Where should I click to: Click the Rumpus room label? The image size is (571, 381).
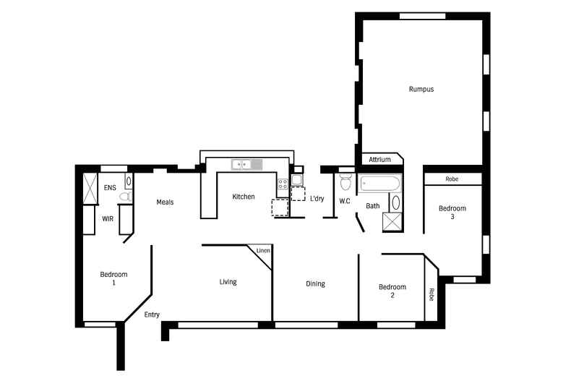pyautogui.click(x=421, y=89)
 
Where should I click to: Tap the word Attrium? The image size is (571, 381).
pyautogui.click(x=379, y=160)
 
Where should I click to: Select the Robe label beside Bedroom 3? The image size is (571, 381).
pyautogui.click(x=452, y=179)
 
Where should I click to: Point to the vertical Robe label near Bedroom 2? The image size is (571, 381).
pyautogui.click(x=432, y=295)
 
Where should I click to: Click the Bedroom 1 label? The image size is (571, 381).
pyautogui.click(x=113, y=278)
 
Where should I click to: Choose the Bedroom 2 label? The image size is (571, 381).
pyautogui.click(x=392, y=291)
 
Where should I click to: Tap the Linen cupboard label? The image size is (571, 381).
pyautogui.click(x=263, y=251)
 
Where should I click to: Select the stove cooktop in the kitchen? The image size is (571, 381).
pyautogui.click(x=282, y=188)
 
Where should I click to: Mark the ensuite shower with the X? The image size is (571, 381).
pyautogui.click(x=90, y=189)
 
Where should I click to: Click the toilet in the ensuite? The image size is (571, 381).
pyautogui.click(x=124, y=197)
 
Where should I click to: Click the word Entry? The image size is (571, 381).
pyautogui.click(x=152, y=314)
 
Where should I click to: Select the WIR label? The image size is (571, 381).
pyautogui.click(x=108, y=218)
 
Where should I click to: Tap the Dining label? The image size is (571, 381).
pyautogui.click(x=315, y=284)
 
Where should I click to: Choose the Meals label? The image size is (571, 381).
pyautogui.click(x=165, y=202)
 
